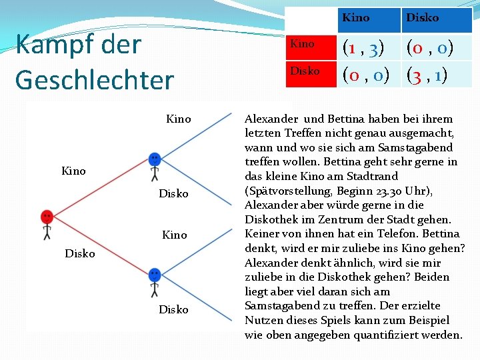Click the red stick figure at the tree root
(47, 224)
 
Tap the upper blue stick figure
(155, 166)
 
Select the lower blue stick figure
(155, 281)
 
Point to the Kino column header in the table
(355, 17)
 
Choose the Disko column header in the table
(423, 17)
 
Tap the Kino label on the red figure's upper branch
(73, 171)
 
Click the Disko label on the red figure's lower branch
(79, 253)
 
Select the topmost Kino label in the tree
(178, 119)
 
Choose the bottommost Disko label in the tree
(173, 310)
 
